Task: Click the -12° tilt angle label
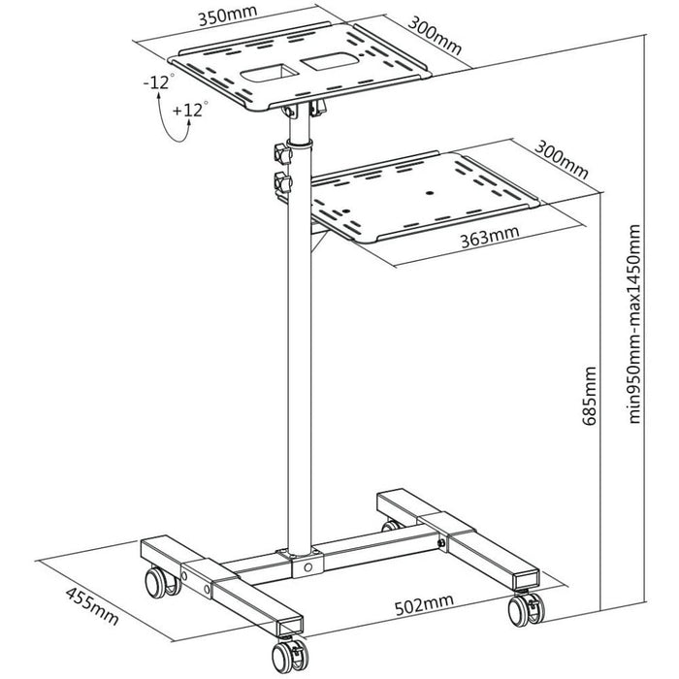pyautogui.click(x=159, y=82)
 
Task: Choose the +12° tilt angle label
pyautogui.click(x=187, y=110)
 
